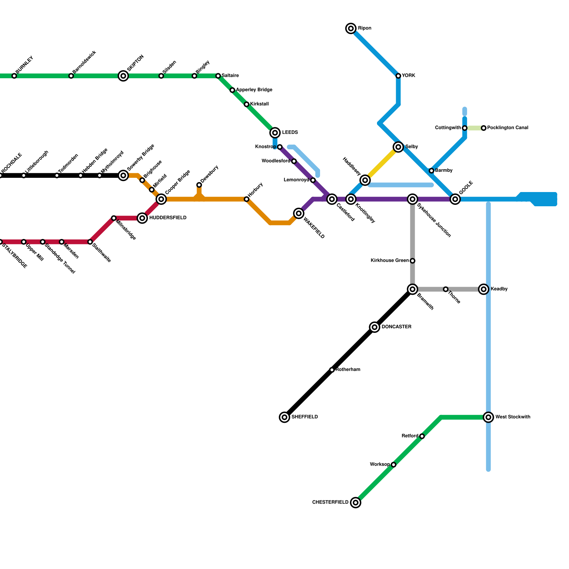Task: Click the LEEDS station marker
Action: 275,133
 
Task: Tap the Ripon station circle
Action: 351,28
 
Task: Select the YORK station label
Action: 409,76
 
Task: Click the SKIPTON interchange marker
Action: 123,76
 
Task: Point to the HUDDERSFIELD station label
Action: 167,218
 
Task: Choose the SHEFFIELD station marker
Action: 284,417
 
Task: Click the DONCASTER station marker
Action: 374,327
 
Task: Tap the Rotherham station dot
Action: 332,370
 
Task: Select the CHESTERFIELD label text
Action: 330,502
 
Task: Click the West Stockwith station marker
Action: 489,417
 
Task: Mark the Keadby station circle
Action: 484,289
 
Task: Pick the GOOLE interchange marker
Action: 455,199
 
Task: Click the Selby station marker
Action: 398,147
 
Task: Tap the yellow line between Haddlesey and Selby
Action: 382,164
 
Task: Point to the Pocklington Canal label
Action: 507,128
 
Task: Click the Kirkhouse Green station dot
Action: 413,261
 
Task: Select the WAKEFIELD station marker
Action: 299,213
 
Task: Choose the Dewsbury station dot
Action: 199,185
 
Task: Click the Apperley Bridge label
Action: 254,90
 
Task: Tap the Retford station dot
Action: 422,436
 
